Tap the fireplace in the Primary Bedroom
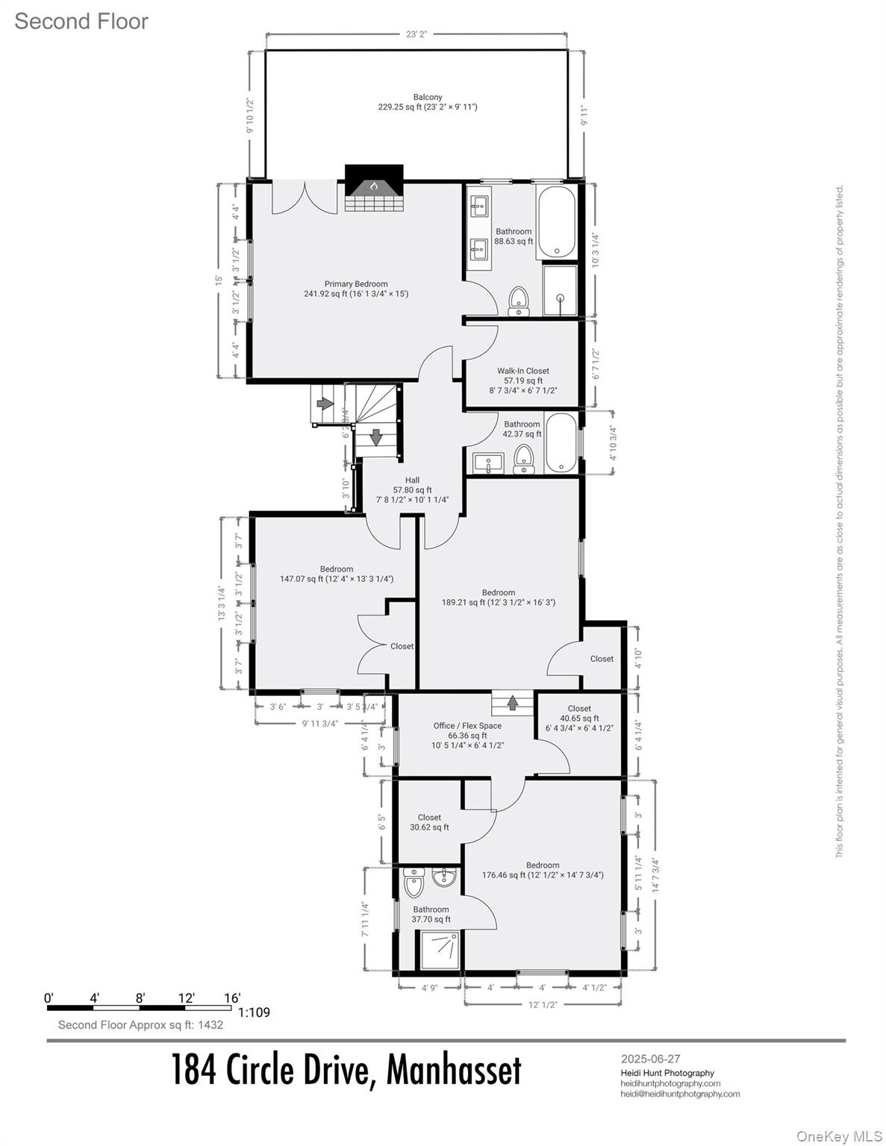click(374, 190)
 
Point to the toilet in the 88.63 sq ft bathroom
click(519, 301)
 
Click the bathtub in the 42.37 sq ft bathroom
click(560, 443)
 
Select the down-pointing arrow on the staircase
click(376, 436)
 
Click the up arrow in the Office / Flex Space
click(513, 702)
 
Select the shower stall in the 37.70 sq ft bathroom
click(439, 950)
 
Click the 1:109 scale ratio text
click(254, 1012)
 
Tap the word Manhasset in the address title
click(454, 1070)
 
